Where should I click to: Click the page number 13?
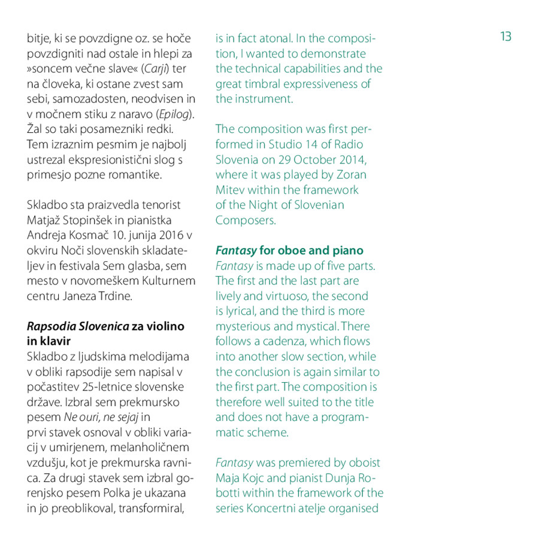click(506, 37)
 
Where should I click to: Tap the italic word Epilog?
click(174, 114)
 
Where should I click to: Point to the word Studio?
click(286, 144)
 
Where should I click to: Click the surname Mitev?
click(231, 190)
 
